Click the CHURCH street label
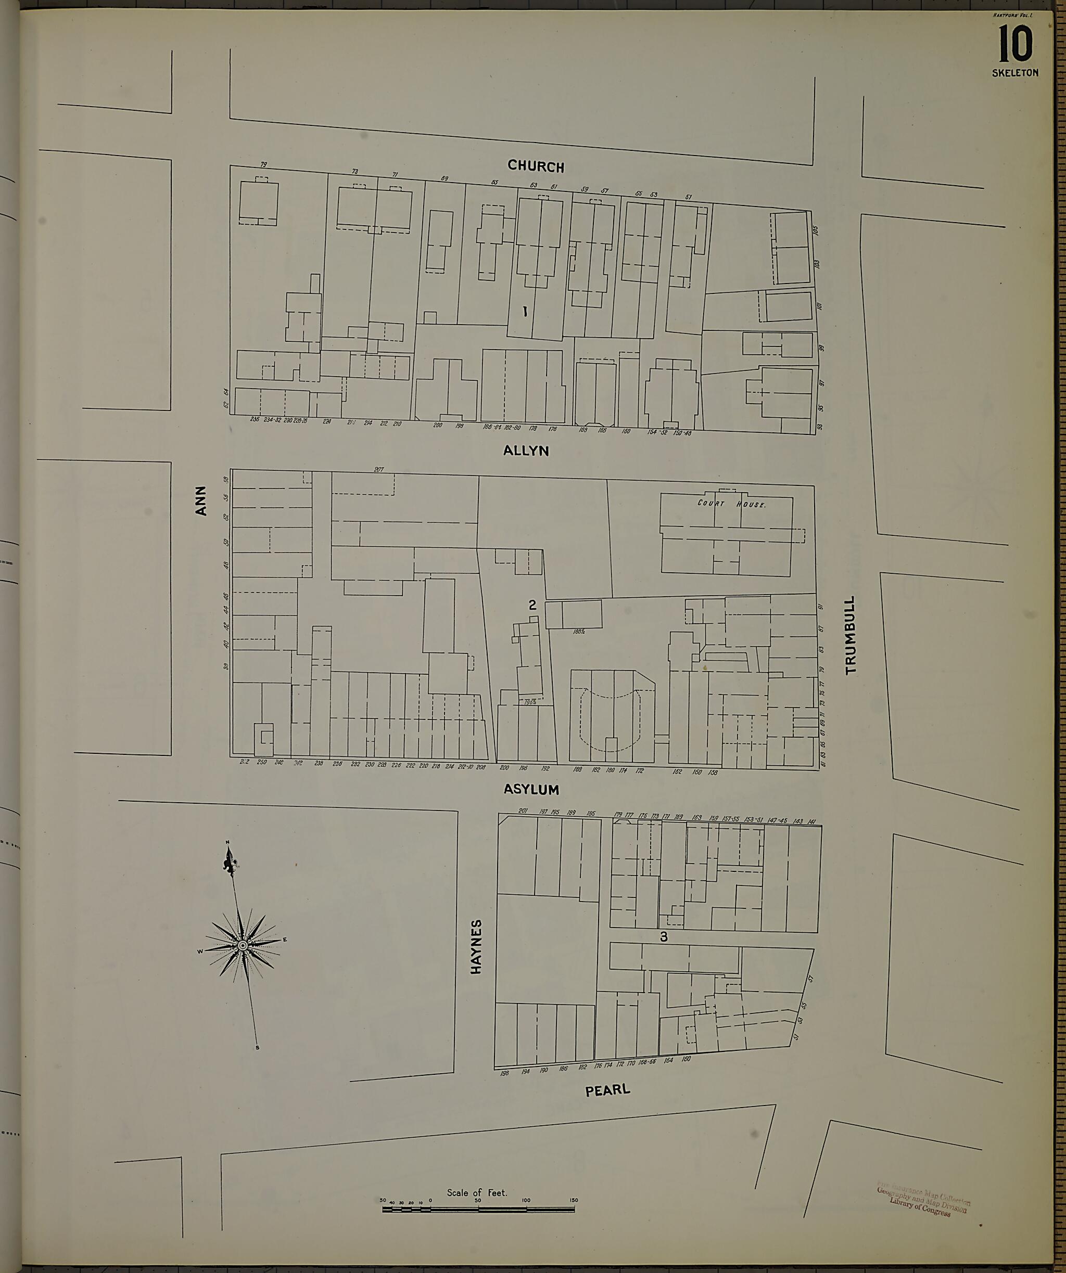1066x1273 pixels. (536, 166)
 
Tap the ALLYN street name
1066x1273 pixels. (526, 451)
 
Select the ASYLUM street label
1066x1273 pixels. (531, 789)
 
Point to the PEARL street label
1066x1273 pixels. (607, 1090)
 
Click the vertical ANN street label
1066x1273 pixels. (201, 500)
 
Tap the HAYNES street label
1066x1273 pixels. (477, 947)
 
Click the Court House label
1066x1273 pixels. (731, 504)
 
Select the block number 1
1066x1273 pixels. (525, 312)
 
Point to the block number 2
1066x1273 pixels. (532, 605)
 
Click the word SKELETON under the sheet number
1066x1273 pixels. (1015, 73)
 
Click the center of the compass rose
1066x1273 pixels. (243, 945)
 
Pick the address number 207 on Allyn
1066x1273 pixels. (379, 469)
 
